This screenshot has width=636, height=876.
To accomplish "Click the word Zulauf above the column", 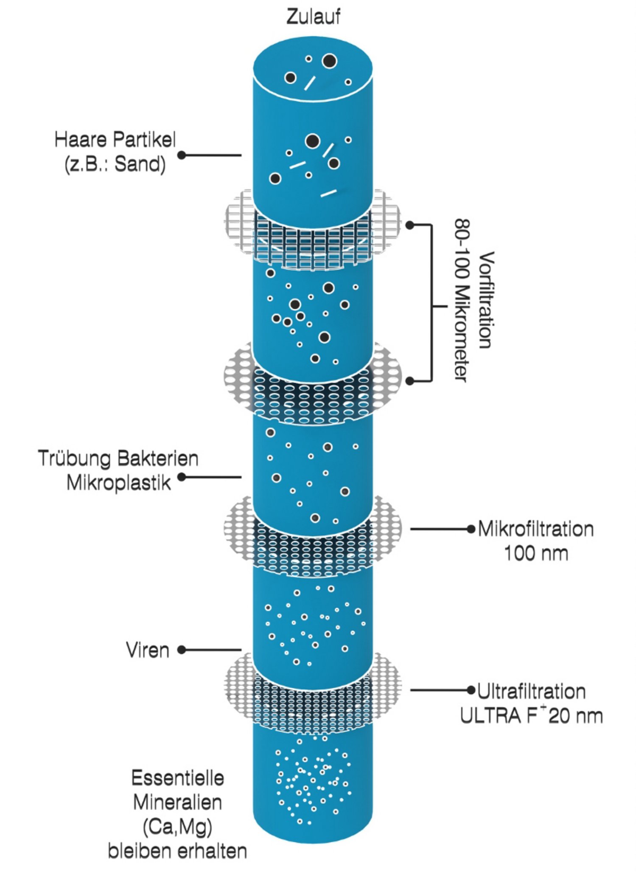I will (x=313, y=17).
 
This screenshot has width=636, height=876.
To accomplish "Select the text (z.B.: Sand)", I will (x=115, y=164).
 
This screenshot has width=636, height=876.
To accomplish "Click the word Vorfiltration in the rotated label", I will (x=486, y=300).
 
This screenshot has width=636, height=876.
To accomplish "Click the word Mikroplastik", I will (x=118, y=483).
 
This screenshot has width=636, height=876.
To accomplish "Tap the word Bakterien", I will (x=158, y=459).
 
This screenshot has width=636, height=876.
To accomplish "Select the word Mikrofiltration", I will (x=535, y=529).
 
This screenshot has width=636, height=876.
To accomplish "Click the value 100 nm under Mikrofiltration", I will (x=535, y=553).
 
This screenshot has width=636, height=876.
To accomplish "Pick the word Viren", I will (x=147, y=650).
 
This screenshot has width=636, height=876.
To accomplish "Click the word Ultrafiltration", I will (x=531, y=691).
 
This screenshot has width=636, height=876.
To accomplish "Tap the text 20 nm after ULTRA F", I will (x=575, y=716).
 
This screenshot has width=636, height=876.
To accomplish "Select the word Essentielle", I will (x=177, y=778).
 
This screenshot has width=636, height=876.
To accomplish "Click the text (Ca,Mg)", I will (x=177, y=827).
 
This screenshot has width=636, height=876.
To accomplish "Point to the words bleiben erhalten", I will (x=177, y=851).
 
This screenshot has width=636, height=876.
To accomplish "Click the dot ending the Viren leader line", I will (x=182, y=650).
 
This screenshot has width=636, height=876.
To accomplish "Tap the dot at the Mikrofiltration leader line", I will (x=471, y=529).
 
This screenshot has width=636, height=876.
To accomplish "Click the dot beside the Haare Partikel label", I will (x=182, y=155).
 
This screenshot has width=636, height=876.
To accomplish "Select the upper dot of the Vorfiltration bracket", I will (x=409, y=225).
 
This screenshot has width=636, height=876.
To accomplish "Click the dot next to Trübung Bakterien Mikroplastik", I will (x=182, y=477).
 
